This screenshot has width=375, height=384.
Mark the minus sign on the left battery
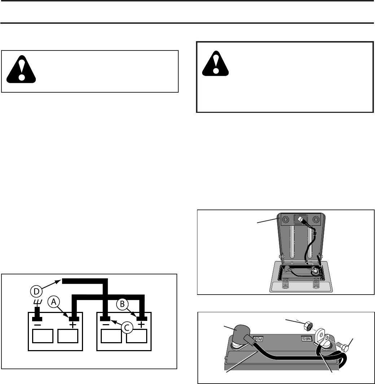click(37, 325)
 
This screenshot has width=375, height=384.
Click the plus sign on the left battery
click(73, 325)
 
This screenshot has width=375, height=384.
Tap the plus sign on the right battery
click(141, 325)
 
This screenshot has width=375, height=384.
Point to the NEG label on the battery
click(306, 339)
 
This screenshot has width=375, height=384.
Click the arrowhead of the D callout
click(60, 279)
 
